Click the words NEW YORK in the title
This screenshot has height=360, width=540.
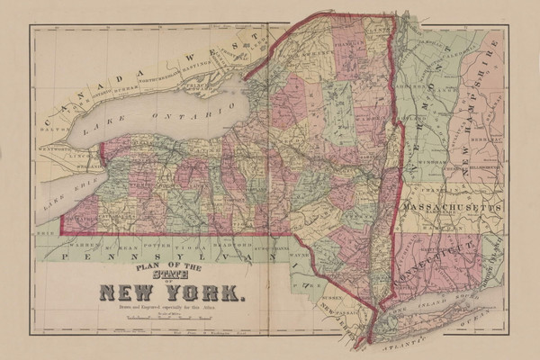pyautogui.click(x=171, y=291)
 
